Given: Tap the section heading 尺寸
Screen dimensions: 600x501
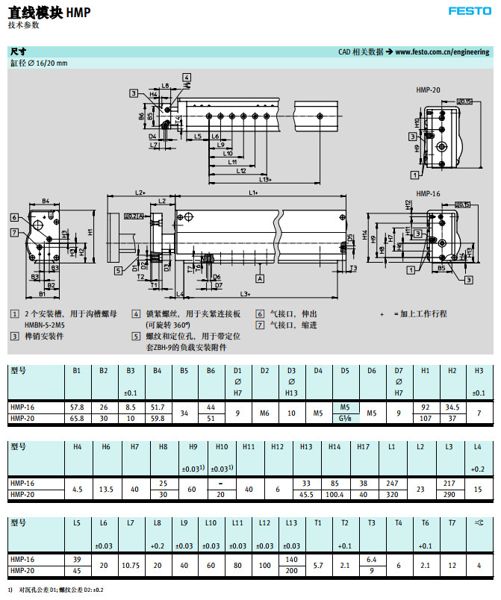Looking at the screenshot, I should pos(17,52).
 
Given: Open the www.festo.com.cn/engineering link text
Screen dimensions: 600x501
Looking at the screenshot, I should pos(443,52).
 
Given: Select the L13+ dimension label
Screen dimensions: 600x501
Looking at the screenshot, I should pos(265,179).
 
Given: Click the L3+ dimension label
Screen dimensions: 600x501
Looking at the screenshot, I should pos(244,293).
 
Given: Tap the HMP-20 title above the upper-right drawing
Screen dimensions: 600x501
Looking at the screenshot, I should pos(428,90).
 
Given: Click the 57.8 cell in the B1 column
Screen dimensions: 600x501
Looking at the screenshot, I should pos(76,407).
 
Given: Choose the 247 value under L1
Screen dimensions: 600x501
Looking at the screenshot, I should pos(392,483).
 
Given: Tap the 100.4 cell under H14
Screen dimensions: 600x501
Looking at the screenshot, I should pos(334,494).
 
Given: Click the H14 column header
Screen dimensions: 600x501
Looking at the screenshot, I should pos(334,446).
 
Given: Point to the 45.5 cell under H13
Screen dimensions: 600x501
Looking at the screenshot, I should pos(306,494).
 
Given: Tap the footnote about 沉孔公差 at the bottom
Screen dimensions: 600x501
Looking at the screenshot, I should pos(59,590).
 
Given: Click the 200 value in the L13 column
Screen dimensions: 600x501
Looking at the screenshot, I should pos(291,570).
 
